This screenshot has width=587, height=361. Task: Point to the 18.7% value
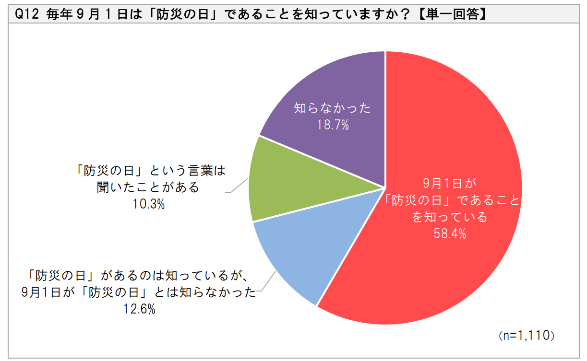click(332, 126)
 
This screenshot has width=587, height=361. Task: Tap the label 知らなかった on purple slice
click(332, 108)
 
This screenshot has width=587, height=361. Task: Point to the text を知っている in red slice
click(450, 217)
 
